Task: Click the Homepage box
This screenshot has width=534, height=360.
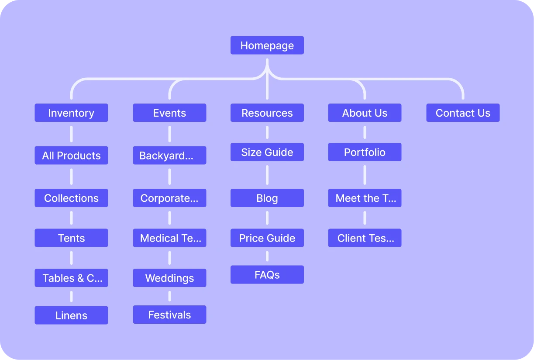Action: pyautogui.click(x=267, y=45)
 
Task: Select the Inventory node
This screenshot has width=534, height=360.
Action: pyautogui.click(x=71, y=113)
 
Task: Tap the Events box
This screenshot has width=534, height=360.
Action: pyautogui.click(x=169, y=113)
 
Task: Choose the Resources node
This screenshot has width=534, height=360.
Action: pyautogui.click(x=267, y=113)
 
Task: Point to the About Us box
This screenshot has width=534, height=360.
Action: pyautogui.click(x=365, y=113)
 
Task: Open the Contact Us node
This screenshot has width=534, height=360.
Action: pyautogui.click(x=463, y=113)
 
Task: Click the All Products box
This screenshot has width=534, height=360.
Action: pyautogui.click(x=71, y=156)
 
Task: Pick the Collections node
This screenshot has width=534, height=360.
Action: pyautogui.click(x=71, y=198)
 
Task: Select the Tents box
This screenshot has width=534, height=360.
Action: pyautogui.click(x=71, y=238)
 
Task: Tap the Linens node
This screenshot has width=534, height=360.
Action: pyautogui.click(x=71, y=315)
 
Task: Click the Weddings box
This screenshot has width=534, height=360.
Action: pyautogui.click(x=169, y=278)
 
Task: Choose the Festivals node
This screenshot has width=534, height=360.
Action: pyautogui.click(x=169, y=315)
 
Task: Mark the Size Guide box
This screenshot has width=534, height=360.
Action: pyautogui.click(x=267, y=152)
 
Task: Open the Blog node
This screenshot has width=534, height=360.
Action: pyautogui.click(x=267, y=198)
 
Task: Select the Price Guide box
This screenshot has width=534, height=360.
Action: pyautogui.click(x=267, y=238)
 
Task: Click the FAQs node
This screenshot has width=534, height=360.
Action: pyautogui.click(x=267, y=275)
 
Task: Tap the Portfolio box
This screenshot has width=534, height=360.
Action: pyautogui.click(x=365, y=152)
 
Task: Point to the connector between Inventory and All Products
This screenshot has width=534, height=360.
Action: pyautogui.click(x=71, y=134)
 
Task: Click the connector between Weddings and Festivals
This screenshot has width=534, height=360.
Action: pyautogui.click(x=169, y=296)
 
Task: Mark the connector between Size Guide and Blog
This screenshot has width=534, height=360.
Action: pyautogui.click(x=267, y=175)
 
